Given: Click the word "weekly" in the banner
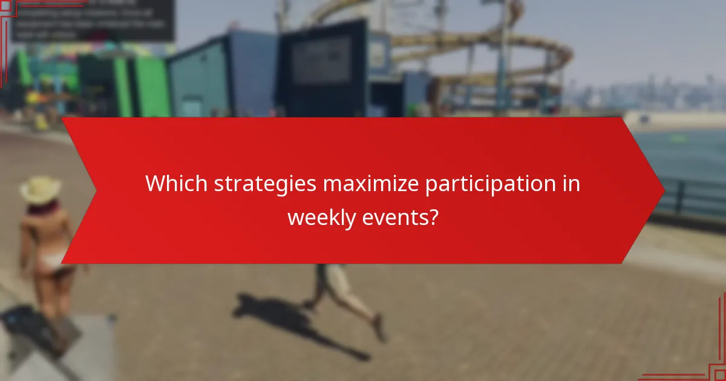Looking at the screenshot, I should coord(322,217).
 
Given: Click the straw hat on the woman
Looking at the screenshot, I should coord(41,189).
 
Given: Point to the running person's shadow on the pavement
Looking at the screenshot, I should coord(284,317).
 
